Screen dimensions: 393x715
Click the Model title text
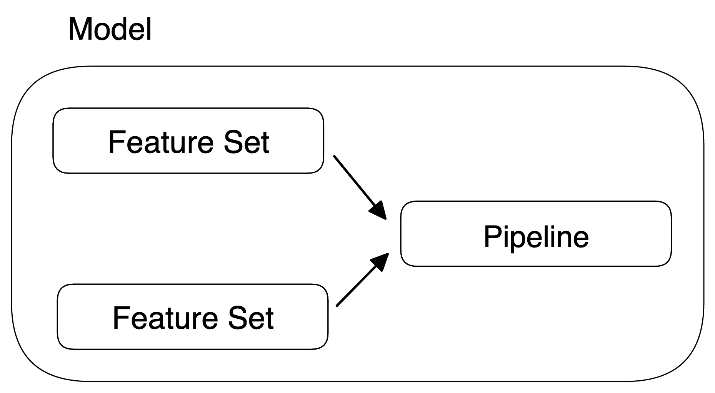coord(110,29)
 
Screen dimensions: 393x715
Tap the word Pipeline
coord(536,236)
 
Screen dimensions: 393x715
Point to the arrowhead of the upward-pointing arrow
coord(380,262)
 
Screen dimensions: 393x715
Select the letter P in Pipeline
coord(492,236)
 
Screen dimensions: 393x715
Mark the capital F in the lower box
coord(120,318)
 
